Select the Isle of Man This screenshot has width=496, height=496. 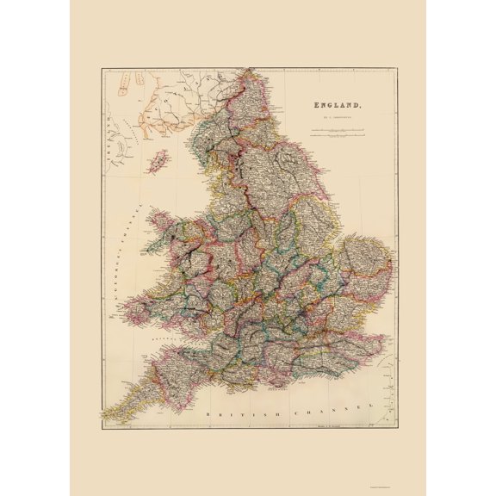point(158,161)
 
